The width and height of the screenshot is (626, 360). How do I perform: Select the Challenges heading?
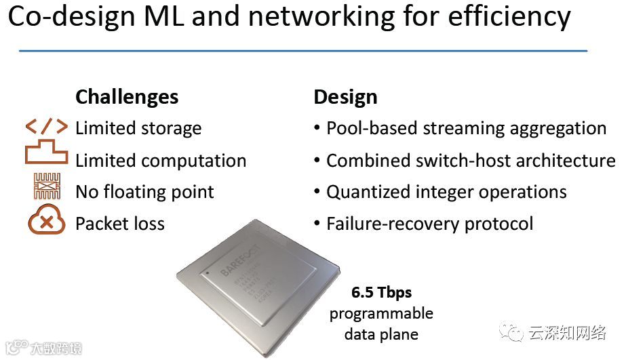pos(127,97)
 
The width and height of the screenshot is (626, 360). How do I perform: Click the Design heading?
pos(345,97)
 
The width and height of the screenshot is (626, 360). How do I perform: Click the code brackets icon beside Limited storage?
pos(47,127)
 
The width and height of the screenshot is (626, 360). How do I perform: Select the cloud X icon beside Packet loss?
pos(47,222)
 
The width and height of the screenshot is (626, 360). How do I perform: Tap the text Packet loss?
pos(120,224)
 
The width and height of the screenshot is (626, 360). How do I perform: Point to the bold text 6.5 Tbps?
pos(381,294)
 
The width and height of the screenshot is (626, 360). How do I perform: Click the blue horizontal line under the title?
pos(302,51)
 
